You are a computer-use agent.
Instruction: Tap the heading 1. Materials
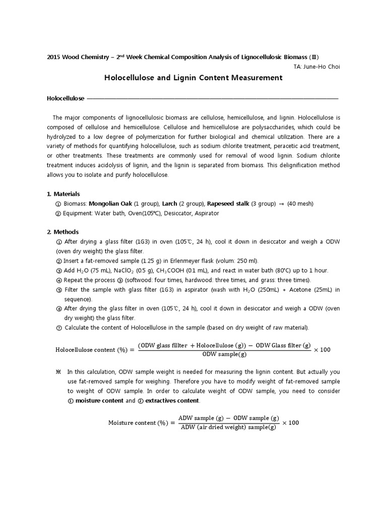coord(63,194)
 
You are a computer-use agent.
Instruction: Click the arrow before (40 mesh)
coord(280,203)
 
